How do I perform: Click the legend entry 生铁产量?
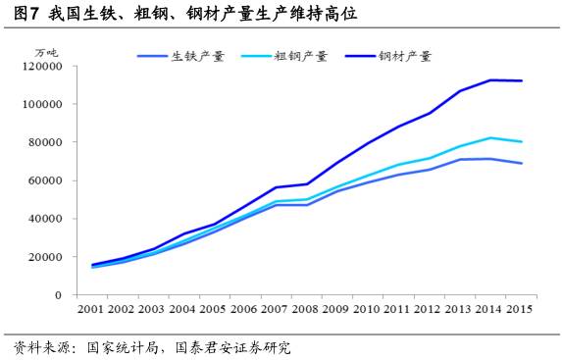pos(197,56)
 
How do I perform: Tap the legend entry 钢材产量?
pos(404,56)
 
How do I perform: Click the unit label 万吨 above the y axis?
pos(46,51)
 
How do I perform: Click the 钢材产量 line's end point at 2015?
pos(521,80)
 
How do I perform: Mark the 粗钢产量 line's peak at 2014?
pos(490,137)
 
